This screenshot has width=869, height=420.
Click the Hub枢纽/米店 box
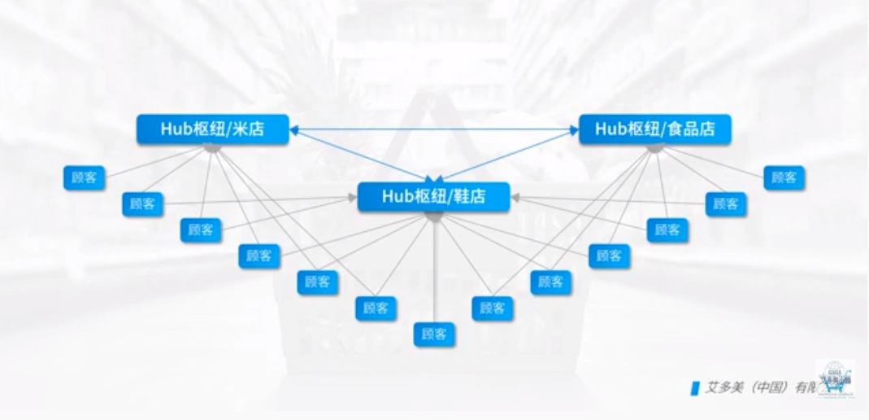212,129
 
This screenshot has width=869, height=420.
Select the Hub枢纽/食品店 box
654,129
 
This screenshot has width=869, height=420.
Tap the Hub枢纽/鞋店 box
433,197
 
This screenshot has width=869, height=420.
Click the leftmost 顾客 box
84,177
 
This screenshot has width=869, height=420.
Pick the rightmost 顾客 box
784,177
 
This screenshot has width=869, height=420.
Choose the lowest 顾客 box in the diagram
433,334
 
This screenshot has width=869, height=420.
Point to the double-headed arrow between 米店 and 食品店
433,129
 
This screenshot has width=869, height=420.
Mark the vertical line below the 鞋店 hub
434,269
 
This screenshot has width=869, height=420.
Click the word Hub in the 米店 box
172,129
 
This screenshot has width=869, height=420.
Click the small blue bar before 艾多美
695,388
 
